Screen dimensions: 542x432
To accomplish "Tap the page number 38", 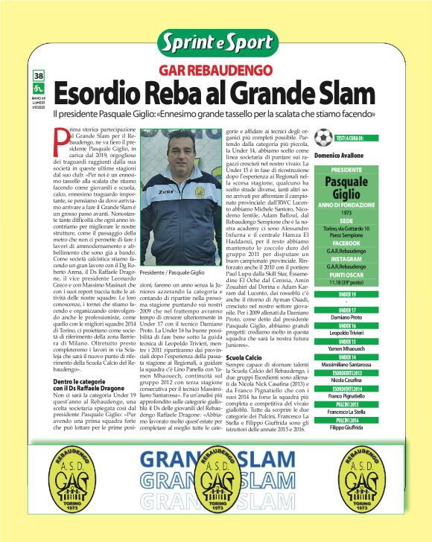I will pyautogui.click(x=37, y=77).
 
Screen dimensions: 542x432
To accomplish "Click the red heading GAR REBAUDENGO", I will pyautogui.click(x=216, y=71).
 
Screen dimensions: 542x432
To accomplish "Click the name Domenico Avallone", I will pyautogui.click(x=346, y=156).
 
